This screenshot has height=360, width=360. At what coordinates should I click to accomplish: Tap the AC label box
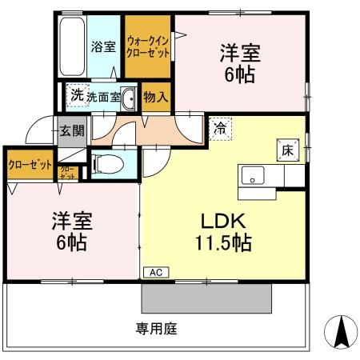(x=155, y=273)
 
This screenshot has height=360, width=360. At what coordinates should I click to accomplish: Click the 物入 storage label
(x=155, y=98)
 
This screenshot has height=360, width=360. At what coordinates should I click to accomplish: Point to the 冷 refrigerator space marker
(x=220, y=126)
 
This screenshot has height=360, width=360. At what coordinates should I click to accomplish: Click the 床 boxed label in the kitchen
(x=286, y=150)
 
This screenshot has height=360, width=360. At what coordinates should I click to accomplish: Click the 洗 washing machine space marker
(x=76, y=95)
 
